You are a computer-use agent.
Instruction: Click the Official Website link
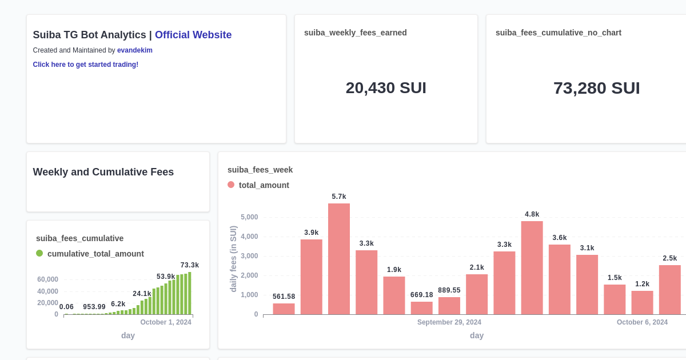193,35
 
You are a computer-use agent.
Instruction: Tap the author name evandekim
135,50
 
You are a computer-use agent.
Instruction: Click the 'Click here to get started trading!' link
86,65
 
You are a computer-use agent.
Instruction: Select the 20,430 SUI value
386,88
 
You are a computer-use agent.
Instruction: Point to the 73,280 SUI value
596,88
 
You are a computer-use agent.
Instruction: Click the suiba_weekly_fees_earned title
356,33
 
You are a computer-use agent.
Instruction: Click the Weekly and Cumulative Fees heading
103,172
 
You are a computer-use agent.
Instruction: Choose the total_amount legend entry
264,185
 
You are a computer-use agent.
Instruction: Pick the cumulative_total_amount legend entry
95,254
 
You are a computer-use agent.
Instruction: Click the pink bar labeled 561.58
284,309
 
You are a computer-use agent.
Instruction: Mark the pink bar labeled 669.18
422,308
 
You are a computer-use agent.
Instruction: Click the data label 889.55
449,290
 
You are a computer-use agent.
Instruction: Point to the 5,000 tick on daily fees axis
249,217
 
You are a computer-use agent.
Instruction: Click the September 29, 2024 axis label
449,322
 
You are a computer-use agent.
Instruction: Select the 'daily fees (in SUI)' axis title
233,259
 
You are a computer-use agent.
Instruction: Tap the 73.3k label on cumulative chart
190,265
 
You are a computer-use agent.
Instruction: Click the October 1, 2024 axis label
166,322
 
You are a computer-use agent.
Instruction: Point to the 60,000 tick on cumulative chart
48,279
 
